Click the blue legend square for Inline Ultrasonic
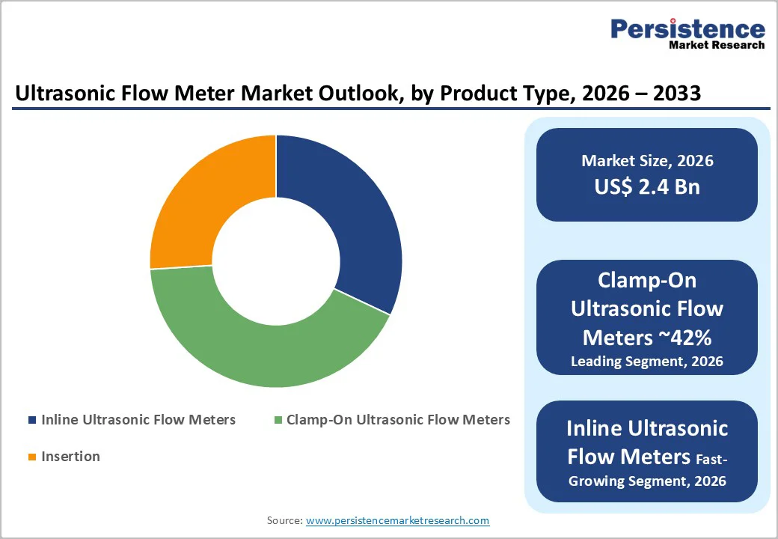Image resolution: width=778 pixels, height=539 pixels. [x=31, y=421]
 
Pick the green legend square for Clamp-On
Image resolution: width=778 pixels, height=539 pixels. [x=278, y=421]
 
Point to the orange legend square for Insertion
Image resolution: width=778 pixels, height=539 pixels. [x=31, y=457]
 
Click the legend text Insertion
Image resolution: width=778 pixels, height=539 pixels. [x=70, y=457]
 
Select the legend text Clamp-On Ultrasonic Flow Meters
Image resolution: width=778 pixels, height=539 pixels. [x=398, y=420]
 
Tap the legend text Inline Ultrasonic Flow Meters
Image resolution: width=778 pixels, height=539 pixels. [x=138, y=420]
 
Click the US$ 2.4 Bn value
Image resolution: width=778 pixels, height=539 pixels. [x=647, y=186]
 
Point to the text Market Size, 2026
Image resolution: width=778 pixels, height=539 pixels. [x=647, y=161]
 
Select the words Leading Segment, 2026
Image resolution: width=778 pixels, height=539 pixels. [x=647, y=362]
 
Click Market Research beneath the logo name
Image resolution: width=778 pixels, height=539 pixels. [x=717, y=45]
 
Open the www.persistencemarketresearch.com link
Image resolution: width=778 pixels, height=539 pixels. [x=397, y=520]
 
